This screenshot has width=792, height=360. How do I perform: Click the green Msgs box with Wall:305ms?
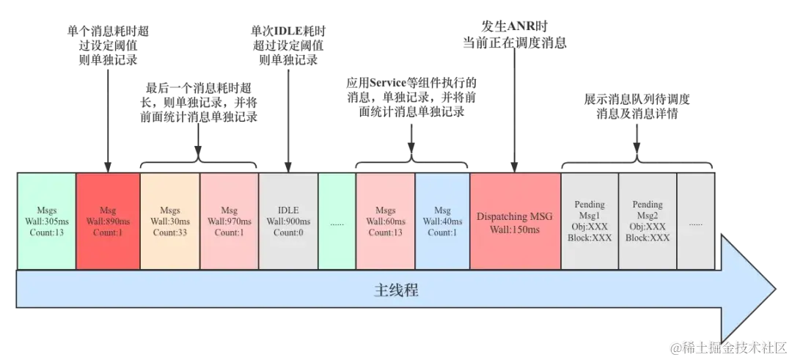[45, 221]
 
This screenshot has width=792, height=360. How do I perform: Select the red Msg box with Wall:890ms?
[108, 221]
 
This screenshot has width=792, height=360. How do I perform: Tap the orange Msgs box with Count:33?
[170, 221]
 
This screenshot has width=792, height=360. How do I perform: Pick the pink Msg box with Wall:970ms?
[230, 221]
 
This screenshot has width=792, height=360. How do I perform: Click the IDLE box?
[288, 221]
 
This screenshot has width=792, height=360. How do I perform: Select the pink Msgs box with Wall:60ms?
[385, 221]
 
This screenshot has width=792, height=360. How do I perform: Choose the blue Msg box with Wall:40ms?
[442, 221]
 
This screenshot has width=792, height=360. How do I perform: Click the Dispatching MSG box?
[515, 221]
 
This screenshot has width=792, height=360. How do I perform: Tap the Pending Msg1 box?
[590, 221]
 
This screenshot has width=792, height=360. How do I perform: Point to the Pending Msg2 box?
[648, 221]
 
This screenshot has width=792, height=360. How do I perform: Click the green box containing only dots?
[337, 221]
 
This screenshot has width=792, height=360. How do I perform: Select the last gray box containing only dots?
[695, 221]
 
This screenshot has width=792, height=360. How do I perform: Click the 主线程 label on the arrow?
[396, 290]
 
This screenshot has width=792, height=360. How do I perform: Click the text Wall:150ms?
[515, 229]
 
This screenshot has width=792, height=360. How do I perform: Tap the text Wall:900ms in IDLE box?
[288, 221]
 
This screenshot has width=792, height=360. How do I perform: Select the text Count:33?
[170, 232]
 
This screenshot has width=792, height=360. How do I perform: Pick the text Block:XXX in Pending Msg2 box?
[648, 238]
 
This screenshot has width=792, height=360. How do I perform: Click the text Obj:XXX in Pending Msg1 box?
[590, 227]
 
